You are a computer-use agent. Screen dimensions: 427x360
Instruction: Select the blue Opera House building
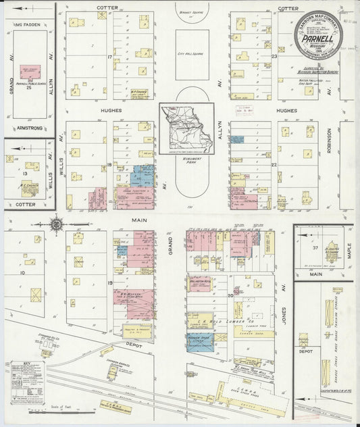click(x=200, y=342)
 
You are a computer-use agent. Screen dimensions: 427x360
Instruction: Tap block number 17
click(x=109, y=57)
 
